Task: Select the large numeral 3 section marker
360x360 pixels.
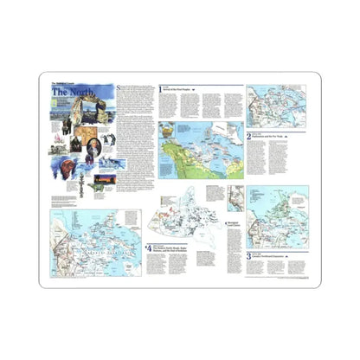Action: pos(248,256)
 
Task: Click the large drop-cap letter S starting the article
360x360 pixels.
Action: pos(119,90)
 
